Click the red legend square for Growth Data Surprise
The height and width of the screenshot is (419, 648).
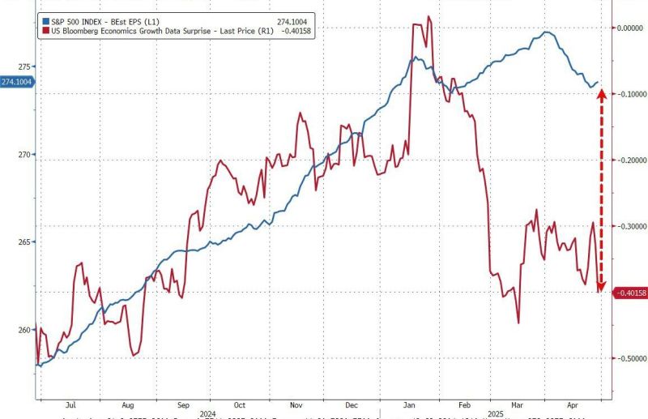coord(43,30)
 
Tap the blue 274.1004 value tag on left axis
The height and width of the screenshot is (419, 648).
coord(16,82)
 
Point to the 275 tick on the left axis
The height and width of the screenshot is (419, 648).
coord(25,66)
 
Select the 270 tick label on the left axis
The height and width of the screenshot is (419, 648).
coord(25,154)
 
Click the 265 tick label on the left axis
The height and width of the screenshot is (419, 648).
coord(25,242)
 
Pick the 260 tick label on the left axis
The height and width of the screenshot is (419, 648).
coord(25,329)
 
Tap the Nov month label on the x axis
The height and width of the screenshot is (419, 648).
coord(295,404)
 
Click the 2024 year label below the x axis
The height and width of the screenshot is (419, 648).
coord(208,412)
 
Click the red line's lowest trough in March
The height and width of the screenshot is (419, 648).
coord(517,323)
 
